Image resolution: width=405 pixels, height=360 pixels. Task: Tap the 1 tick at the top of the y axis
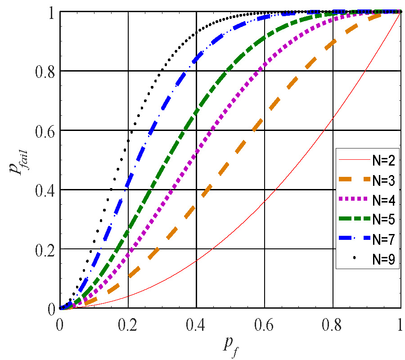(x=50, y=12)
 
